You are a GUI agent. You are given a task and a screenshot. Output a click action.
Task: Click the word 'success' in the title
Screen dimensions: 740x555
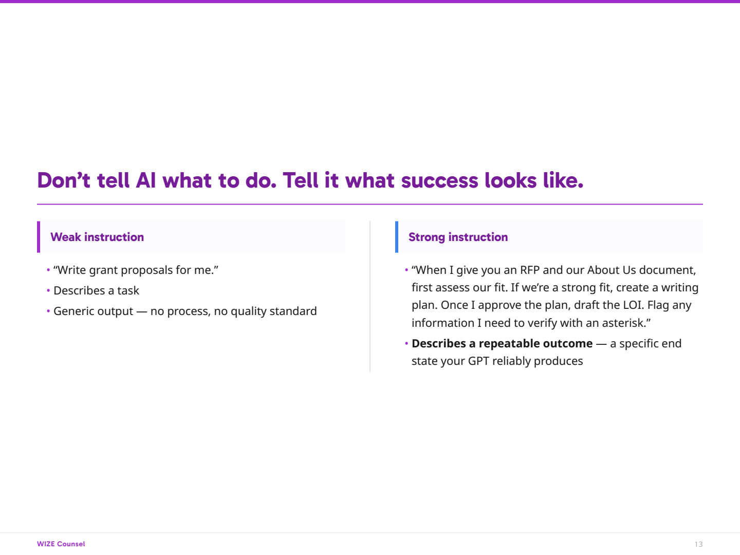(439, 180)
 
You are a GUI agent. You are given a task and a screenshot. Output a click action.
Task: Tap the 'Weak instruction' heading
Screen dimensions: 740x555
(97, 237)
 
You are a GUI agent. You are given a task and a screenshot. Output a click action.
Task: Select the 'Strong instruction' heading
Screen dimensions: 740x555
(458, 237)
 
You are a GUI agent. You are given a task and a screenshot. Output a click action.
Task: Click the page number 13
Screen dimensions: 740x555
(698, 544)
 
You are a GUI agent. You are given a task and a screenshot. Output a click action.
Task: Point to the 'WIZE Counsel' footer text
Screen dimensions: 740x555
(61, 544)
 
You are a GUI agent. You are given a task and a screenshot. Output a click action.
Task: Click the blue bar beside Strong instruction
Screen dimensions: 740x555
(397, 237)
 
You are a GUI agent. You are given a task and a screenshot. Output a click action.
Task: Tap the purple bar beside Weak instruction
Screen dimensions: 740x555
(39, 237)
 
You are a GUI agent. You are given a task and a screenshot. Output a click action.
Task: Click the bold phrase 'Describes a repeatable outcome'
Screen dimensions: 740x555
(502, 343)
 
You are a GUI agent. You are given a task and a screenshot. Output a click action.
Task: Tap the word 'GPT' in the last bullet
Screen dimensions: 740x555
(479, 361)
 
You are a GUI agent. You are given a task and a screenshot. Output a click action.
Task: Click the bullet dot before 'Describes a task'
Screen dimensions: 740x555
(48, 290)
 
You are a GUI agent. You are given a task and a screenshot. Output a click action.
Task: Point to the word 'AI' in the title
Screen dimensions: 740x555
(146, 180)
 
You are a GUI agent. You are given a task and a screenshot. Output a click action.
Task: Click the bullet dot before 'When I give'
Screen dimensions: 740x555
(406, 270)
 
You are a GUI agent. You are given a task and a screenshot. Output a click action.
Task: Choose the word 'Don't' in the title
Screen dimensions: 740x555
(64, 180)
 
